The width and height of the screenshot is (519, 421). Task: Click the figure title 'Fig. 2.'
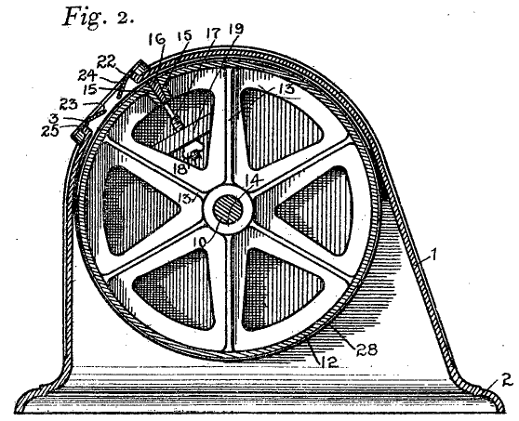[99, 17]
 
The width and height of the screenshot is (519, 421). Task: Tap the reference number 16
[156, 39]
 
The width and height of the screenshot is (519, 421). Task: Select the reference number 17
[213, 33]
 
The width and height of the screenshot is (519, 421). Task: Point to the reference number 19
[235, 29]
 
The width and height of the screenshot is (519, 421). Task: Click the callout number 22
[107, 61]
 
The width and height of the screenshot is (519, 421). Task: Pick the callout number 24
[87, 75]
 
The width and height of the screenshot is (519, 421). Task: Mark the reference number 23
[69, 104]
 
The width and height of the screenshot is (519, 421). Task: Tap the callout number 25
[49, 131]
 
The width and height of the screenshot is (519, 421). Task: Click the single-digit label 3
[54, 118]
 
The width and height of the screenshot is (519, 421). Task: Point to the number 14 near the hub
[254, 180]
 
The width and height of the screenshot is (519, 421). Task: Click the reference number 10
[202, 242]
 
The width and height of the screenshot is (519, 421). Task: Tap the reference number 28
[366, 349]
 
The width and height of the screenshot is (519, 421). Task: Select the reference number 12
[329, 362]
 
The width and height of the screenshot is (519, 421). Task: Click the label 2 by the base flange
[506, 380]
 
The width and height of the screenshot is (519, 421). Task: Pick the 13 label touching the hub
[185, 198]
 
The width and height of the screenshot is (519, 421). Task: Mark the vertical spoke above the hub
[228, 125]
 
